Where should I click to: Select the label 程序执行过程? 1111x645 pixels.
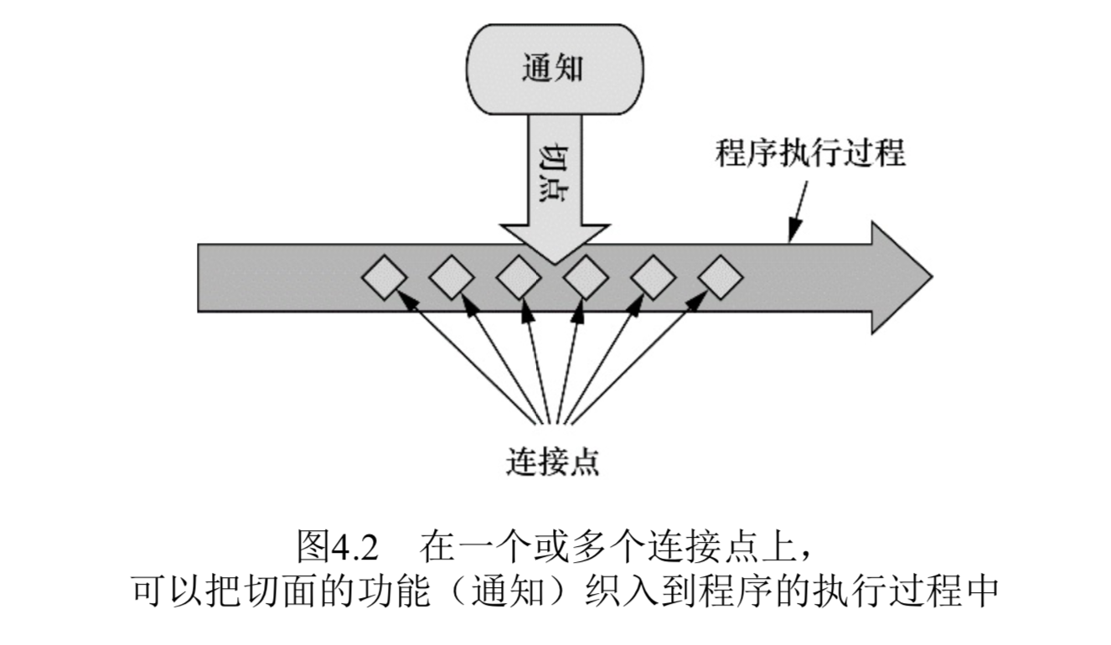(x=809, y=153)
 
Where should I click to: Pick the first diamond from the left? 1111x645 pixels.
(x=385, y=277)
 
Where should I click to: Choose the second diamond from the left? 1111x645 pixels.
(x=452, y=277)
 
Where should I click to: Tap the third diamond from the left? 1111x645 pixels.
(x=519, y=277)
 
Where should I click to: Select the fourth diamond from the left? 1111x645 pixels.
(x=586, y=277)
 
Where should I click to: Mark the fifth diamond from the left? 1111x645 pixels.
(x=653, y=277)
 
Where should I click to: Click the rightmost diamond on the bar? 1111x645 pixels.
(x=720, y=277)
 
